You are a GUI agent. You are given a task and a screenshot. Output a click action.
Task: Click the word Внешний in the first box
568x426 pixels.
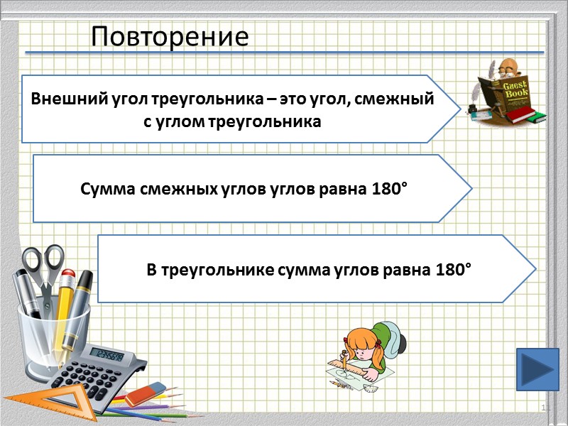click(59, 99)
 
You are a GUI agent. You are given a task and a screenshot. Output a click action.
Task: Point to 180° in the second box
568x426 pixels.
click(389, 190)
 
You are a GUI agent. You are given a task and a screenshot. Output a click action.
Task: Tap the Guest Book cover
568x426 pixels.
click(513, 92)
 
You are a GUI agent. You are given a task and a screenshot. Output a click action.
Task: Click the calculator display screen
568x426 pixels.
click(108, 354)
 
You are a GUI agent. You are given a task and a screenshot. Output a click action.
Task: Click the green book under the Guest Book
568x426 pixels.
click(529, 115)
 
